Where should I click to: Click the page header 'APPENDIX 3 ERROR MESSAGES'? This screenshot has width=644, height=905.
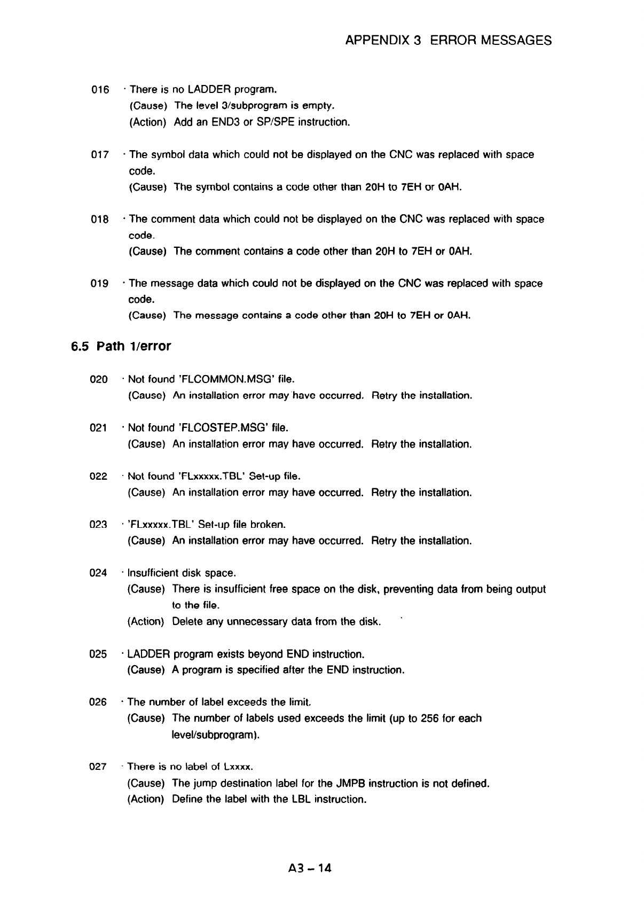coord(449,40)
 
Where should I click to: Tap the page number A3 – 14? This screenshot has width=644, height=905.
coord(309,868)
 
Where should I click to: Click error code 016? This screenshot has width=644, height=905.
coord(100,89)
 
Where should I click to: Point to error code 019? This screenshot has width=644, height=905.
coord(100,284)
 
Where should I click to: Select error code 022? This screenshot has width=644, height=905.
coord(99,476)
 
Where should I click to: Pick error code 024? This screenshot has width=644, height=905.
coord(99,573)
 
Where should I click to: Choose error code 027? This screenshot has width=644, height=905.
coord(98,767)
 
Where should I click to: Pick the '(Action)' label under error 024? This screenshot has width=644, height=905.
coord(145,622)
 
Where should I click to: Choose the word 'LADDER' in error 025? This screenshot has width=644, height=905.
coord(148,654)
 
